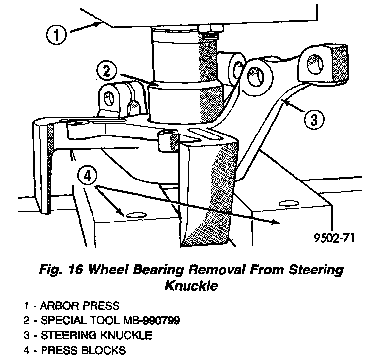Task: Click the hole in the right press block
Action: click(x=286, y=203)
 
